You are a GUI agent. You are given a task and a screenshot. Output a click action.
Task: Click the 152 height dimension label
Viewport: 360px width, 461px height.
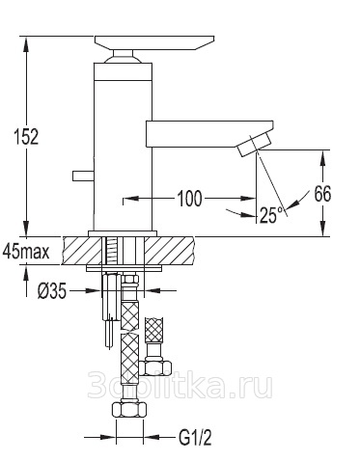pyautogui.click(x=26, y=136)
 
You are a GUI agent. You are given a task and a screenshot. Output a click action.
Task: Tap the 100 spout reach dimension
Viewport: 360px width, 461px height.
pyautogui.click(x=190, y=199)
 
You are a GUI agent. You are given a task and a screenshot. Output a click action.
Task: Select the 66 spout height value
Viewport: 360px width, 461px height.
pyautogui.click(x=322, y=194)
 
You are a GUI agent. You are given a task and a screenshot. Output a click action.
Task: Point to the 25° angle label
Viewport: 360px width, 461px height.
pyautogui.click(x=272, y=215)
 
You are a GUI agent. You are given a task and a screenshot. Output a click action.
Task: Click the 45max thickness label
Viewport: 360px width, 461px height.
pyautogui.click(x=26, y=252)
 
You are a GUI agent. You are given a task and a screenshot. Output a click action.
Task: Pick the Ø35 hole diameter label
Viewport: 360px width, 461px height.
pyautogui.click(x=52, y=291)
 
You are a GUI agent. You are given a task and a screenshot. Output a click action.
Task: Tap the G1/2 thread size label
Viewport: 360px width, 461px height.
pyautogui.click(x=195, y=438)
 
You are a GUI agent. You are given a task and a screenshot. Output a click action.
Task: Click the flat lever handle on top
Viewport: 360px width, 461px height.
pyautogui.click(x=154, y=43)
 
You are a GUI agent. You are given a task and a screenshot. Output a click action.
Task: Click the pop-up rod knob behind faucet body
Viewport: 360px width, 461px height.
pyautogui.click(x=83, y=176)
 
